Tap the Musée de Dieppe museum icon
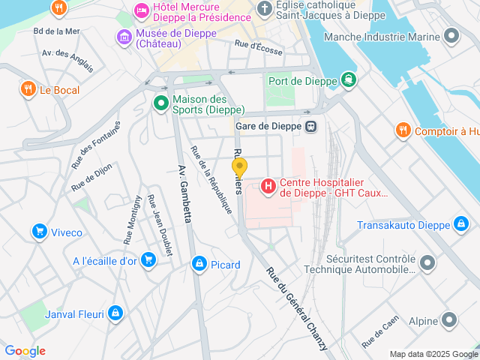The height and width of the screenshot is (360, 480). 124,36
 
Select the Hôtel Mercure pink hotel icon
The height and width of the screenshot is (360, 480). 140,10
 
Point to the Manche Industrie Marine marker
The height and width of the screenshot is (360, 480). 451,36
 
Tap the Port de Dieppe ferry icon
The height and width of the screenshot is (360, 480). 348,79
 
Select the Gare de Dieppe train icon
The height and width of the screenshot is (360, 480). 310,126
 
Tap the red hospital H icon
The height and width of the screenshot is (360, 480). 268,185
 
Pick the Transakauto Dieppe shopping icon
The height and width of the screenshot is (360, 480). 461,224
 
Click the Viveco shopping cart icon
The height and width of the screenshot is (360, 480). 38,232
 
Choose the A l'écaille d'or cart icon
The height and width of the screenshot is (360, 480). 148,260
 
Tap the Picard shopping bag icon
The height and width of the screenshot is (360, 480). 199,264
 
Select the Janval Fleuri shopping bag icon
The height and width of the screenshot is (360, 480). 115,313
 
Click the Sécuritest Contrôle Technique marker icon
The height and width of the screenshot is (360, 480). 427,262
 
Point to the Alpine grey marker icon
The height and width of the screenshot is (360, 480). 448,321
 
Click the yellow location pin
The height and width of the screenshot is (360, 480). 239,166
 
